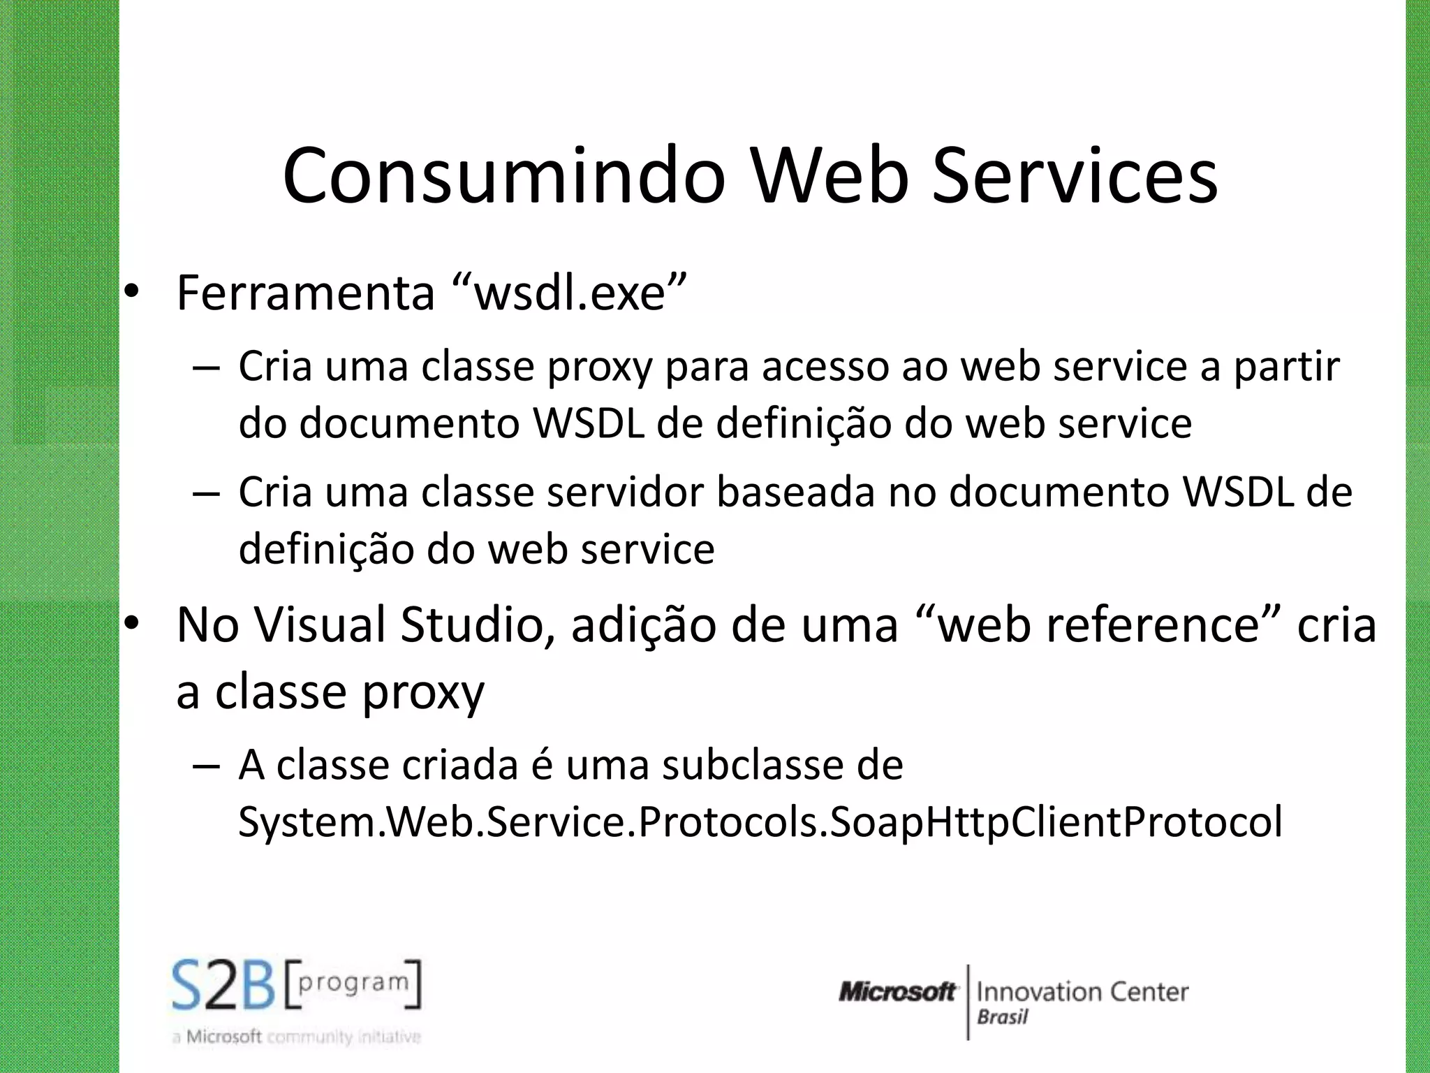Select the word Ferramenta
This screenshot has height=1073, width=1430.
coord(306,293)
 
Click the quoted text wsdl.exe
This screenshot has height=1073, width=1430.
coord(569,293)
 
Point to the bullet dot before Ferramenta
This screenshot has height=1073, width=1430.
coord(131,294)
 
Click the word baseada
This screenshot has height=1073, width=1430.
coord(795,492)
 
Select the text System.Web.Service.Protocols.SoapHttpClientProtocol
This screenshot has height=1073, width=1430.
coord(760,822)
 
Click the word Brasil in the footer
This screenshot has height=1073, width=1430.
coord(1002,1017)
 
